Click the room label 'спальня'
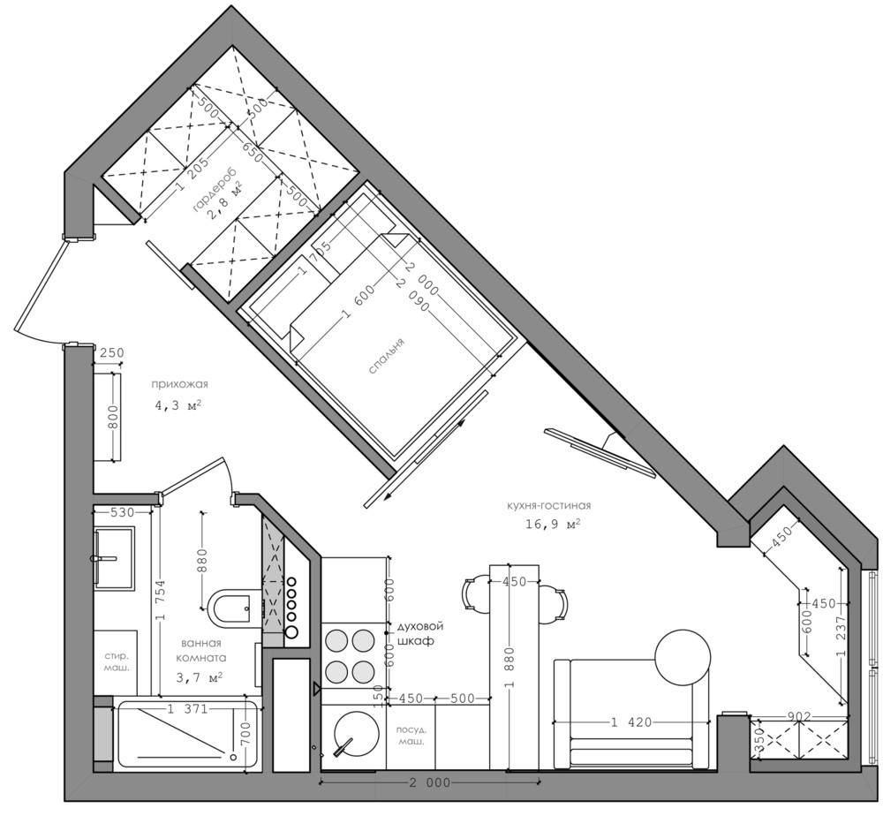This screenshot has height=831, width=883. point(387,357)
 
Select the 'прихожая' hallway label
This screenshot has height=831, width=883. point(179,385)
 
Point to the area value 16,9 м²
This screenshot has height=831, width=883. point(553,524)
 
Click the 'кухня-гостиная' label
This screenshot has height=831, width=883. point(548,506)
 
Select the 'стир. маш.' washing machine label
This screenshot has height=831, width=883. point(117,662)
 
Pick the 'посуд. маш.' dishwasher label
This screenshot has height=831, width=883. point(411,736)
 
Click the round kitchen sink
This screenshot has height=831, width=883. point(356,733)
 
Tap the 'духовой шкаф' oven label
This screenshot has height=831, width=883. point(420,634)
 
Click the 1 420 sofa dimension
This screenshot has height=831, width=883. point(630,722)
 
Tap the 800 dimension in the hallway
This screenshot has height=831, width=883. point(114,417)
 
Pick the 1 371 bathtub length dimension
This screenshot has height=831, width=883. point(187,709)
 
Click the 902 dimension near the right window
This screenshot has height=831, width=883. point(799,716)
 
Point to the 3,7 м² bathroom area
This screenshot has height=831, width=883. point(200,677)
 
